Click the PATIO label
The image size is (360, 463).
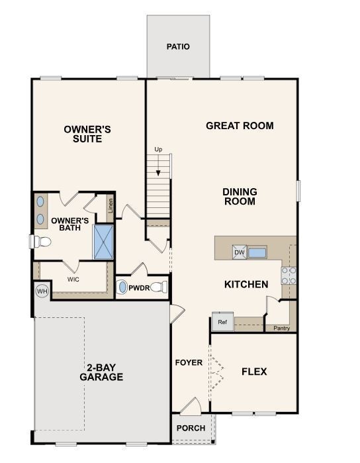point(178,47)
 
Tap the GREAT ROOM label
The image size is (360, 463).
point(240,126)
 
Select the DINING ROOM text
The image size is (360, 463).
point(240,197)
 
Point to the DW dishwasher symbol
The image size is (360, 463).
point(239,252)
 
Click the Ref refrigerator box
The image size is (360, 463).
point(222,323)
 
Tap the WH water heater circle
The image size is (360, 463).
point(42,291)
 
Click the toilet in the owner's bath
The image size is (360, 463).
point(41,242)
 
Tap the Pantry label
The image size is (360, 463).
point(281,327)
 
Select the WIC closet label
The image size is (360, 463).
point(73,280)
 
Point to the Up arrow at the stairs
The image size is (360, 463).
point(158,163)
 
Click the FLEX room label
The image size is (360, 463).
point(254,372)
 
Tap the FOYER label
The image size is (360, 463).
point(188,363)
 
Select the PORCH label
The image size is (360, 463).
point(191,428)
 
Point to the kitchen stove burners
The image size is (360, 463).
point(289,276)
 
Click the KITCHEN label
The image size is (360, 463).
point(246,285)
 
